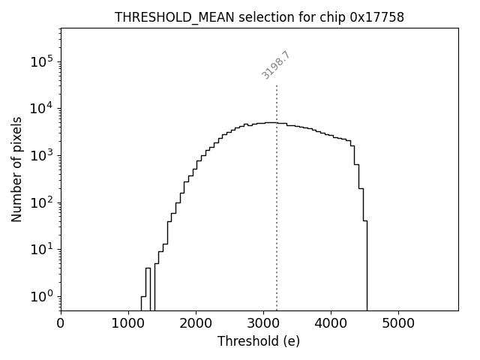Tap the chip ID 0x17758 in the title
377,17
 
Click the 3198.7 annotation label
275,65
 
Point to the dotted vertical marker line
277,195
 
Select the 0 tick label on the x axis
61,323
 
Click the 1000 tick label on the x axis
128,323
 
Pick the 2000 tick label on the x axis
196,323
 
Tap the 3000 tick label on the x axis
263,323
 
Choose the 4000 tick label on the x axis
331,323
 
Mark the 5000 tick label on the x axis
398,323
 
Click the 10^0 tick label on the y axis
42,295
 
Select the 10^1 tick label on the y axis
42,249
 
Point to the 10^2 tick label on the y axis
42,202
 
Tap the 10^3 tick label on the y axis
42,155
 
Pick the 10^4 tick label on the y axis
42,108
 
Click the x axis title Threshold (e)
259,341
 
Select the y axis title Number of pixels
16,169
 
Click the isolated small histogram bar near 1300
148,289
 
